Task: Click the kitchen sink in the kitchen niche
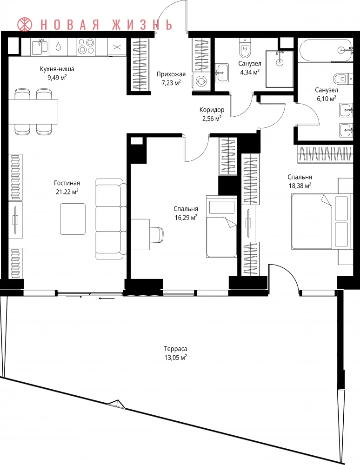pos(40,47)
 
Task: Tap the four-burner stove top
pos(86,47)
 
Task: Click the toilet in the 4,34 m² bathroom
pos(245,48)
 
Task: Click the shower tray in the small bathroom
pos(280,69)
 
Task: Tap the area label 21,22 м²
pos(67,192)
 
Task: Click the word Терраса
pos(175,349)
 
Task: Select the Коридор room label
pos(212,110)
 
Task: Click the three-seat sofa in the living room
pos(110,219)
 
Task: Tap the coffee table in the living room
pos(73,219)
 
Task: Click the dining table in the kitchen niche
pos(33,112)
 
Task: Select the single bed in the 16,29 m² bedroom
pos(221,226)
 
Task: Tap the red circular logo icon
pos(25,24)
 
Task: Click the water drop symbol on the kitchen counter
pos(59,46)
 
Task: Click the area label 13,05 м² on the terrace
pos(175,357)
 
